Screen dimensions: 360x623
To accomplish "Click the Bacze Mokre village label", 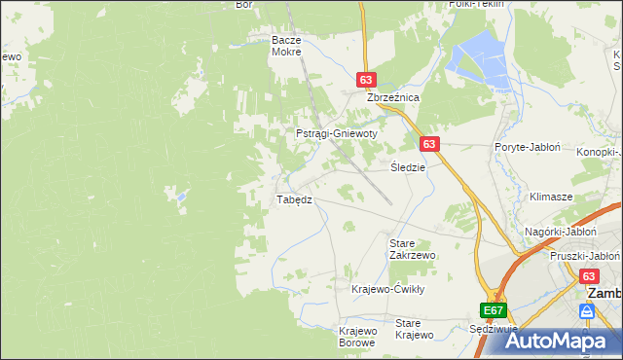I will coord(288,46).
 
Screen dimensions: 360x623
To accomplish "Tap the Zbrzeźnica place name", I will coord(391,98).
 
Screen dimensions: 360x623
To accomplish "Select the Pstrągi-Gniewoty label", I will coord(336,133).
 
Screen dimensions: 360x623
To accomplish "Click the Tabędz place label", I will coord(294,199).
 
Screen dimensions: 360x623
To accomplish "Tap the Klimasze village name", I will coord(550,197).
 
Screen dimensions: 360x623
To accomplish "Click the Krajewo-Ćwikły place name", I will coord(388,289).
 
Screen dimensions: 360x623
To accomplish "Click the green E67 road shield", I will coord(494,310).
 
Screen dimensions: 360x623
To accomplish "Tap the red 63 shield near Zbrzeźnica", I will coord(366,81).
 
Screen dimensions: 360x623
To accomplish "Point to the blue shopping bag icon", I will coord(586,311).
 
